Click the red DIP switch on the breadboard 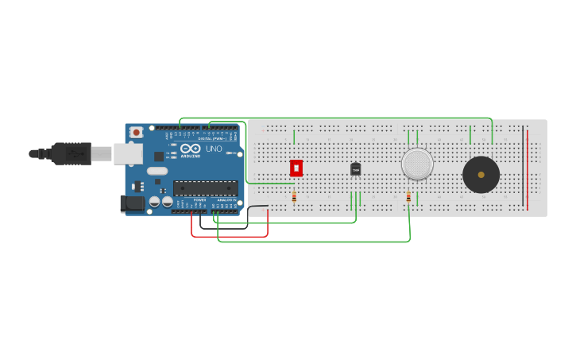point(296,168)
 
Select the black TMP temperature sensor point(355,168)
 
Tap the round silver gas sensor point(417,164)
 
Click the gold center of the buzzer point(481,175)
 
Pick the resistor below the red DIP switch point(294,196)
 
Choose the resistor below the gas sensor point(408,197)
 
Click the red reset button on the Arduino point(137,132)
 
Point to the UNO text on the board point(215,149)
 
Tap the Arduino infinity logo point(191,148)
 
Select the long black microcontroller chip point(206,188)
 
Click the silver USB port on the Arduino point(127,153)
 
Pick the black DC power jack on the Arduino point(133,203)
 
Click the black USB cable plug point(72,153)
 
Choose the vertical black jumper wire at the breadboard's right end point(523,166)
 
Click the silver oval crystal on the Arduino point(157,171)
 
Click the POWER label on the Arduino point(199,199)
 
